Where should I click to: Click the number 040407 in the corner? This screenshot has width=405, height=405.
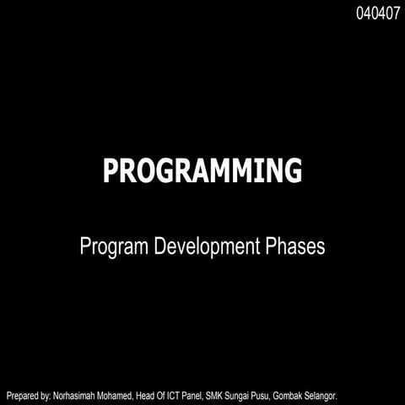(x=378, y=13)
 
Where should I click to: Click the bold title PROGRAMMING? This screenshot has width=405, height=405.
(x=202, y=170)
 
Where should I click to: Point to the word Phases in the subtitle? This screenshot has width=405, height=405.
(x=294, y=247)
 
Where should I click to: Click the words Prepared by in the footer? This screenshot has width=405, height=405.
(x=29, y=395)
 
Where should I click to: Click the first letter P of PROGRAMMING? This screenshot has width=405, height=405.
(x=111, y=170)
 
